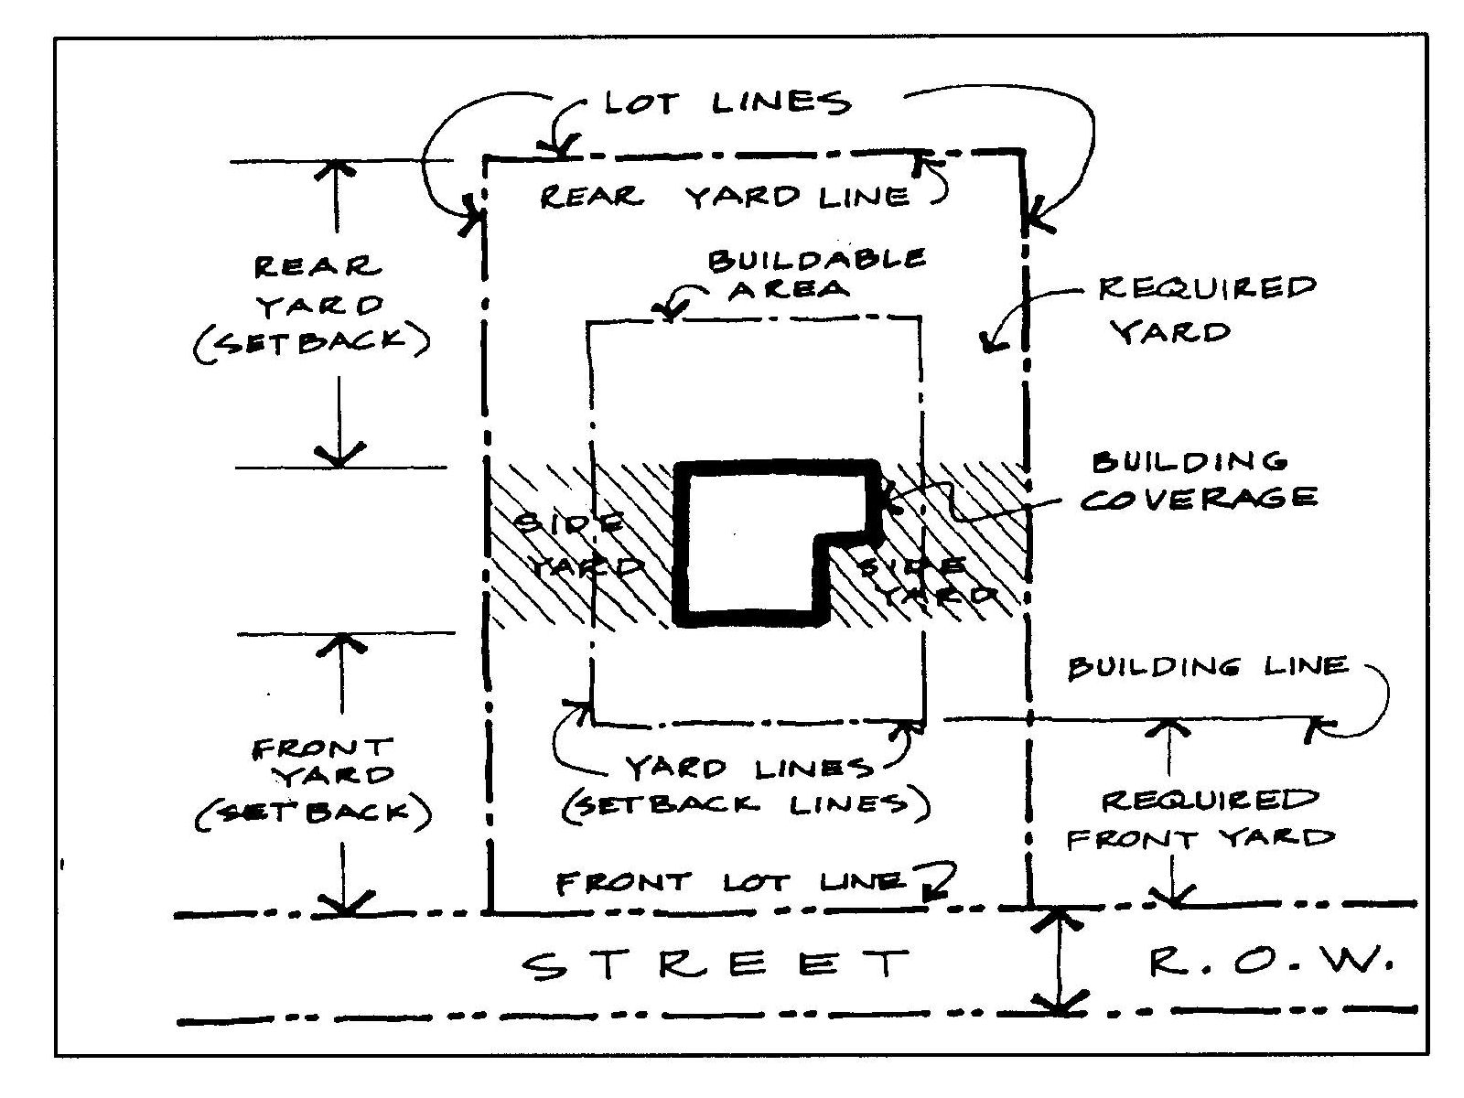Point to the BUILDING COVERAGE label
point(1199,479)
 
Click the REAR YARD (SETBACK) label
point(311,304)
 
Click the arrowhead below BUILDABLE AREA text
point(671,312)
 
